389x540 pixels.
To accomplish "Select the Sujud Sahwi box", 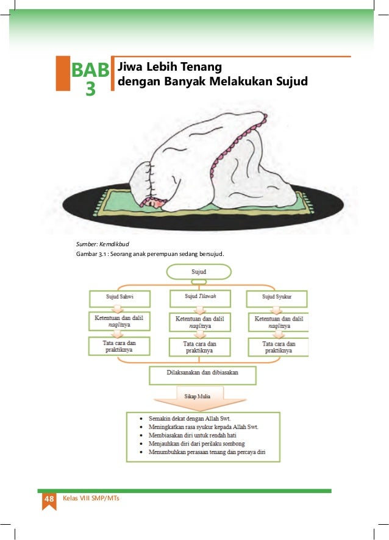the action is [x=120, y=297].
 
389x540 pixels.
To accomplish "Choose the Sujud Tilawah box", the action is [x=200, y=297].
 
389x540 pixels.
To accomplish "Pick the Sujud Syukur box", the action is [x=277, y=297].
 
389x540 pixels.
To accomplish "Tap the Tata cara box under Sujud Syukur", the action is [x=277, y=347].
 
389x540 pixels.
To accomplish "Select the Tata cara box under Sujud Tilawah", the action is [x=200, y=347].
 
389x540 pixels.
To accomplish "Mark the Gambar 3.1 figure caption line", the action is [x=150, y=253].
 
